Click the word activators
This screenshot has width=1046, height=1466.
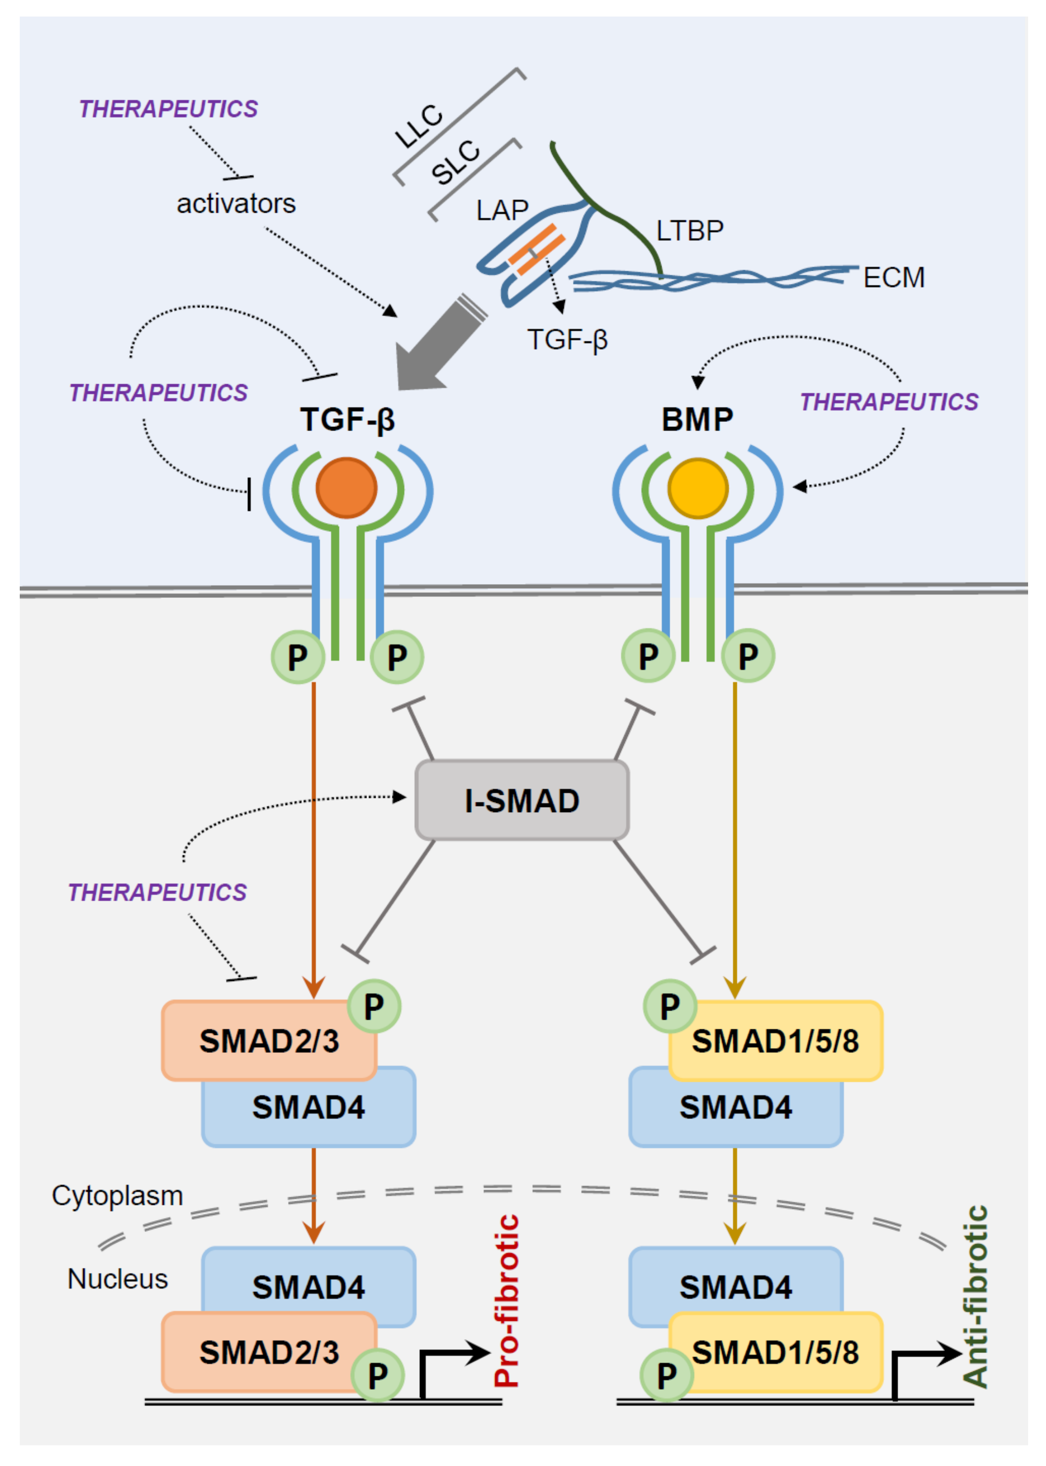coord(237,204)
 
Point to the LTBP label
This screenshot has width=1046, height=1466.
coord(690,230)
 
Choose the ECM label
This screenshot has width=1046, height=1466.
coord(894,277)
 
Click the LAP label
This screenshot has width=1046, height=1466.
coord(503,210)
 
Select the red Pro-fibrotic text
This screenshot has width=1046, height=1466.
coord(506,1301)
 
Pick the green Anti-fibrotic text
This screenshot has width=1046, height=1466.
coord(974,1296)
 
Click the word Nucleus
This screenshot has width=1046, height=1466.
coord(118,1278)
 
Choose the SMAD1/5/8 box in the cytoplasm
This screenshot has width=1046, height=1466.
coord(775,1041)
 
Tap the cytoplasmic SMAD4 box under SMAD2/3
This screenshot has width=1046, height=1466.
coord(309,1107)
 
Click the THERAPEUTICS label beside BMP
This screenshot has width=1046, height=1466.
coord(889,402)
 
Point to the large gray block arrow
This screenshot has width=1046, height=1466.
coord(438,345)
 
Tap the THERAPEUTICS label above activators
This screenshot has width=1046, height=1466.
coord(168,109)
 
